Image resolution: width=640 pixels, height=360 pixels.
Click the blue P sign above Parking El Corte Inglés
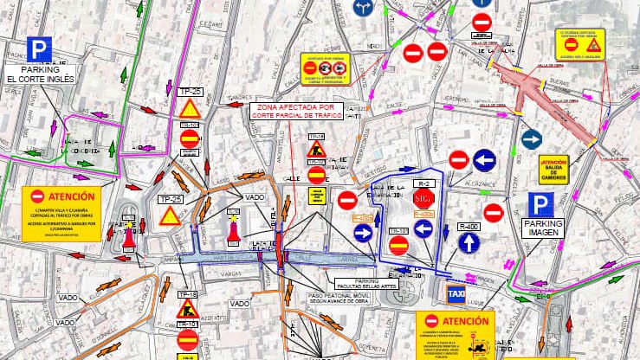tap(38, 49)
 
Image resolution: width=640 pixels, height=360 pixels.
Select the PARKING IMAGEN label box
tap(542, 228)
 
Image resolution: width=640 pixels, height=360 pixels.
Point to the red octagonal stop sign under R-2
tap(423, 199)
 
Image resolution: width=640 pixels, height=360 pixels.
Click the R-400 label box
tap(469, 226)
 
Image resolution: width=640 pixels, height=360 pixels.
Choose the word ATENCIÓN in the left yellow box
tap(60, 196)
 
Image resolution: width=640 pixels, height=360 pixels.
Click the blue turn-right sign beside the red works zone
tap(531, 139)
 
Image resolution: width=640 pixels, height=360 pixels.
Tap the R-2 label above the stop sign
tap(423, 184)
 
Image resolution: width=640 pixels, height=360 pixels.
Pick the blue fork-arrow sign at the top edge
tap(364, 7)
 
